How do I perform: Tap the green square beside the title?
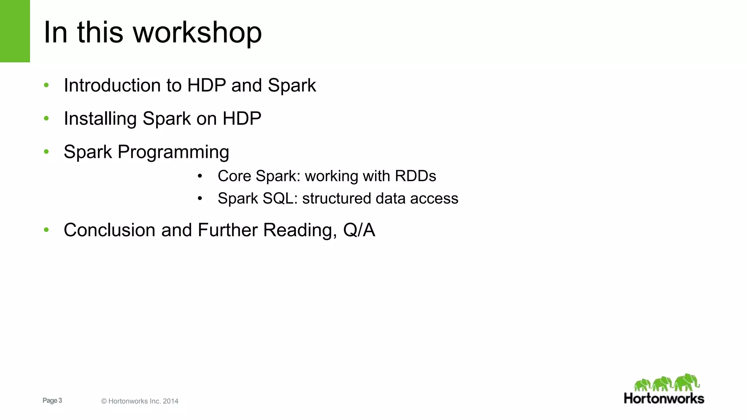[x=15, y=31]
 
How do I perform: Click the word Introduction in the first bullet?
[x=112, y=86]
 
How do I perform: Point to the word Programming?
[x=173, y=152]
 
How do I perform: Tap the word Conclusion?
[x=109, y=230]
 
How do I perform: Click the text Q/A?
[x=359, y=230]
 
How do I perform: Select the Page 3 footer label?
[x=52, y=401]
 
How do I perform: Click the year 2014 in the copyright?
[x=171, y=401]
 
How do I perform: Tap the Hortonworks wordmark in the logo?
[x=664, y=398]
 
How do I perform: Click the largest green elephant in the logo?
[x=686, y=382]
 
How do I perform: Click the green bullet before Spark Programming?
[x=46, y=152]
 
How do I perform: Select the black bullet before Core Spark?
[x=200, y=176]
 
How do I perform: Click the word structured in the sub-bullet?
[x=336, y=199]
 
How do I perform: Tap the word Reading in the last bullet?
[x=299, y=230]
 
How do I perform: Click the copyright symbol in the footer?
[x=104, y=401]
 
